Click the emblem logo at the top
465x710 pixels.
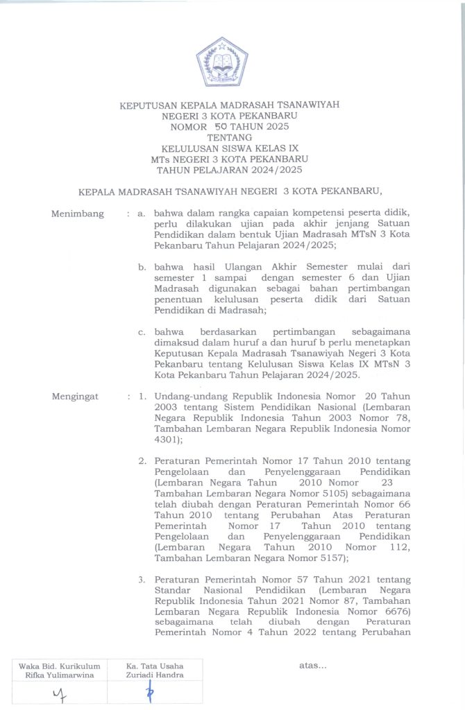coord(221,60)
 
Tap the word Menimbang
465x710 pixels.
coord(77,214)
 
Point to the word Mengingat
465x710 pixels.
coord(76,397)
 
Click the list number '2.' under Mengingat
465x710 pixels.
coord(142,461)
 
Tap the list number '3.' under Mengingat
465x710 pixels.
coord(142,580)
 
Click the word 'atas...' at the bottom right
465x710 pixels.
coord(312,666)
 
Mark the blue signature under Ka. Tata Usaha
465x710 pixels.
coord(149,693)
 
